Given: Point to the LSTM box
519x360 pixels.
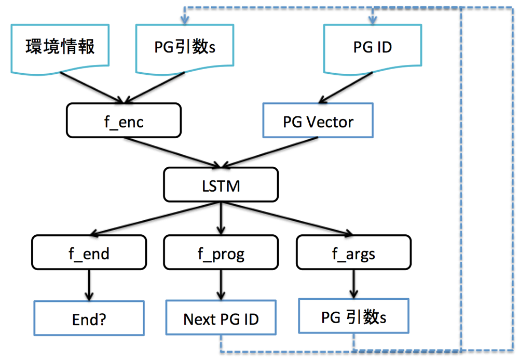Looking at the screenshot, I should point(221,184).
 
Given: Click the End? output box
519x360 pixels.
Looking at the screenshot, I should point(88,318).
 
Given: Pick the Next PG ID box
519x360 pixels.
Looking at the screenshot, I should point(221,317).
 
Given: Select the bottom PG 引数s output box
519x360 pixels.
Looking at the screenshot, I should point(353,316).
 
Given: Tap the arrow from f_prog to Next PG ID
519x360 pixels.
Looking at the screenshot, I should point(221,284).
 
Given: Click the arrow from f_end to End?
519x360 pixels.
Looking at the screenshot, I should point(88,285).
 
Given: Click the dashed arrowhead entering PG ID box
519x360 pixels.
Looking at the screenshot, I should point(372,20).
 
